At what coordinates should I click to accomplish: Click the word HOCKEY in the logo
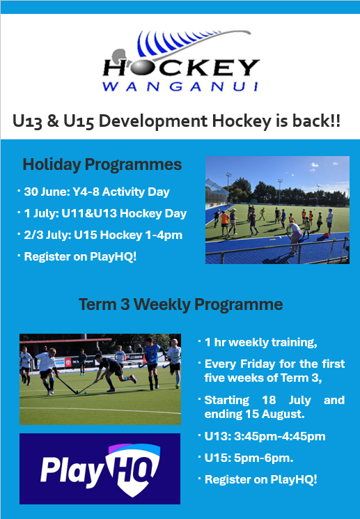(x=181, y=68)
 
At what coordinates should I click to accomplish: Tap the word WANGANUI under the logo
(x=180, y=86)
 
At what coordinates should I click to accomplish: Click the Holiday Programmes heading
(x=102, y=164)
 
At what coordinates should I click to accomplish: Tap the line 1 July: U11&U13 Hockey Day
(x=105, y=213)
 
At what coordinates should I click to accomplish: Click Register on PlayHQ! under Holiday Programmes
(x=80, y=257)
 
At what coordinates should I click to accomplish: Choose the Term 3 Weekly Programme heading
(x=180, y=304)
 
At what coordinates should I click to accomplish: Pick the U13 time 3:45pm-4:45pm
(x=280, y=436)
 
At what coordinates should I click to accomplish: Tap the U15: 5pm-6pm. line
(x=249, y=458)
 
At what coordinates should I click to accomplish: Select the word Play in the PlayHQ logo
(x=71, y=470)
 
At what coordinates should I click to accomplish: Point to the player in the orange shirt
(x=225, y=221)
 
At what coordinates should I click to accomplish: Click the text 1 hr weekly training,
(x=260, y=343)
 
